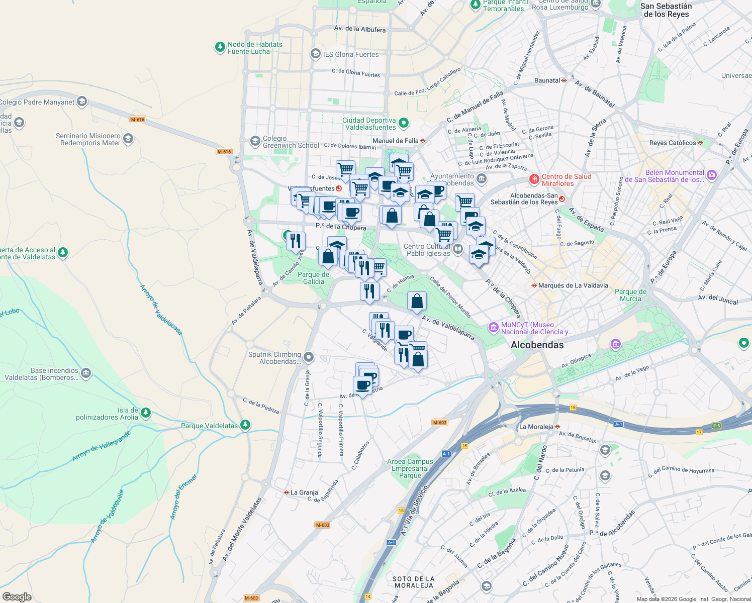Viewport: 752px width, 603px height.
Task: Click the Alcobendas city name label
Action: [x=537, y=345]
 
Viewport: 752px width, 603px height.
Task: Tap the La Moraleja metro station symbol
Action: [x=557, y=427]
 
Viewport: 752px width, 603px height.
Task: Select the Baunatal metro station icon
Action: [x=564, y=80]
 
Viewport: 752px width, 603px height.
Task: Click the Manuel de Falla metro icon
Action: [x=423, y=141]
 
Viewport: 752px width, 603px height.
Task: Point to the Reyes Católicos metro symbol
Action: [x=700, y=143]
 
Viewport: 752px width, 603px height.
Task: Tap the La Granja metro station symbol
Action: [x=287, y=492]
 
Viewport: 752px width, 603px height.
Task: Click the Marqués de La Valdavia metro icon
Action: [x=534, y=285]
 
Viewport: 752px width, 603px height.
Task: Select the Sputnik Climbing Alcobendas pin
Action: [x=309, y=357]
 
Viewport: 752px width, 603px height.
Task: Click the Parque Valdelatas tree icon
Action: [x=245, y=425]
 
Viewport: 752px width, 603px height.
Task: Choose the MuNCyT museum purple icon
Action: [x=493, y=328]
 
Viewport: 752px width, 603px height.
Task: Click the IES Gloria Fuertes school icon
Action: [x=315, y=54]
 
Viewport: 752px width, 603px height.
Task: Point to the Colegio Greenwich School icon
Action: [x=255, y=141]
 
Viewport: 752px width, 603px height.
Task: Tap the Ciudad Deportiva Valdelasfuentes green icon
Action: [x=403, y=123]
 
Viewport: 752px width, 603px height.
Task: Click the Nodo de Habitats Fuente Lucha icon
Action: [x=220, y=47]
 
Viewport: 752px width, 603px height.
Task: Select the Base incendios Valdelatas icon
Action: [x=85, y=373]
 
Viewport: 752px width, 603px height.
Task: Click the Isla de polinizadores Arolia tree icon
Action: [x=145, y=413]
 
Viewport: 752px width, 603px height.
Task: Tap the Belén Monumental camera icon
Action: [x=711, y=175]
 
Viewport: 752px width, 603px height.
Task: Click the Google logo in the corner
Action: [x=17, y=596]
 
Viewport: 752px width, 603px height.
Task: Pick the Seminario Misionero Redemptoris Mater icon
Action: [x=128, y=139]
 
